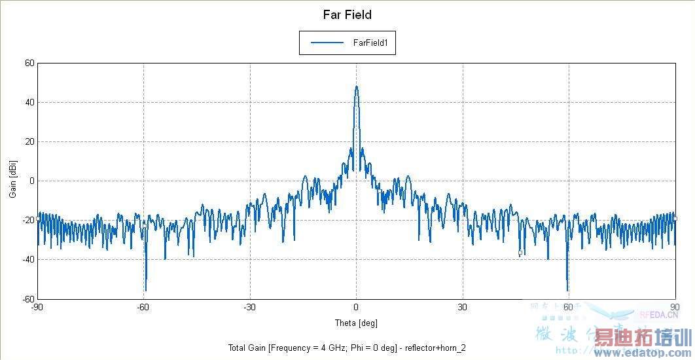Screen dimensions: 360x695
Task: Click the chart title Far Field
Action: (x=347, y=14)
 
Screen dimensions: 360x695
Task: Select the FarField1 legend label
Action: (x=371, y=43)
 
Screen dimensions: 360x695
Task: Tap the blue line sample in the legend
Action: (x=327, y=43)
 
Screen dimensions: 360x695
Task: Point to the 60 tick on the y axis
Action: (x=29, y=63)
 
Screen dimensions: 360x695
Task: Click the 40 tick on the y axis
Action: (x=29, y=103)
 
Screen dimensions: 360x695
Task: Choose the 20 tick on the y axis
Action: (x=29, y=142)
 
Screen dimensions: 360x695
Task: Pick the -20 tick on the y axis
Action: (x=27, y=221)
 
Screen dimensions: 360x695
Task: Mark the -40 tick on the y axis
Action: (x=27, y=260)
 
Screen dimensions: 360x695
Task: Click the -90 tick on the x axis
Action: (x=38, y=307)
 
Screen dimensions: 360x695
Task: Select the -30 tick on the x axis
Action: (x=249, y=307)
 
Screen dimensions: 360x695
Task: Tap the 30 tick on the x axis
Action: (x=462, y=307)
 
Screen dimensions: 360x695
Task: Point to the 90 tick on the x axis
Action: (x=674, y=307)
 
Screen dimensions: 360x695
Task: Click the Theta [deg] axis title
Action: (x=356, y=323)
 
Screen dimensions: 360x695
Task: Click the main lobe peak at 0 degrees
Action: (x=356, y=86)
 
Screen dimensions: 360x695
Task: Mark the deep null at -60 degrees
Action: (x=145, y=290)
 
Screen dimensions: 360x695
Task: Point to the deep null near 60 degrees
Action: (x=567, y=290)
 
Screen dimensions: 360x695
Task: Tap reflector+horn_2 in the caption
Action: (x=435, y=348)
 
